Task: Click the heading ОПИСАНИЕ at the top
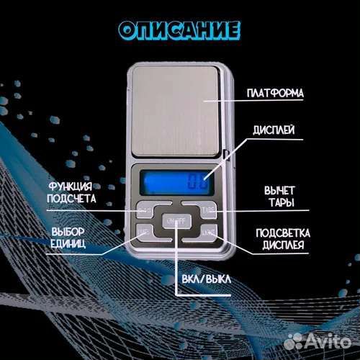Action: tap(179, 30)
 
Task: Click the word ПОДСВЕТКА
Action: tap(282, 233)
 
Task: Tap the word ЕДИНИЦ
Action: tap(70, 245)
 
